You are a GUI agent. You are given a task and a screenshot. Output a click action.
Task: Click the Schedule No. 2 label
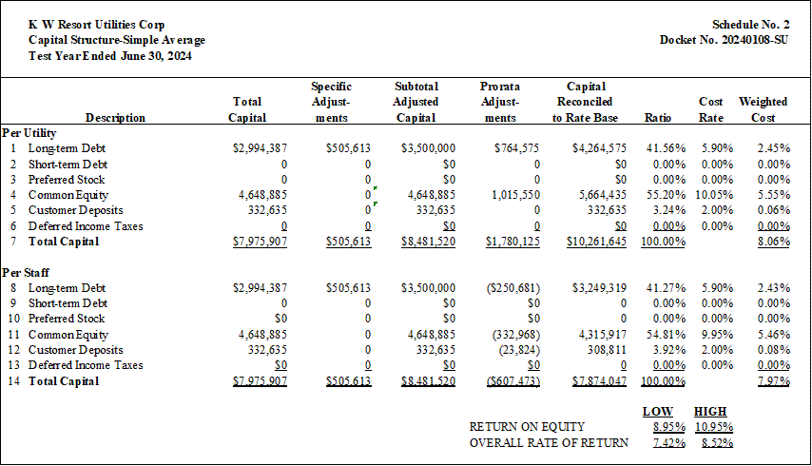click(750, 25)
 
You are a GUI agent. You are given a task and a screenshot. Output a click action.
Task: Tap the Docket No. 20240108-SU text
click(724, 40)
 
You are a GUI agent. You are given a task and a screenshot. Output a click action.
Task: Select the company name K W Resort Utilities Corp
click(96, 25)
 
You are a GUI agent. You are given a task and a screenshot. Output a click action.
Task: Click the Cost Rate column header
click(710, 109)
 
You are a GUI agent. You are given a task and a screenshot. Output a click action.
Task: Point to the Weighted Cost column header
click(763, 109)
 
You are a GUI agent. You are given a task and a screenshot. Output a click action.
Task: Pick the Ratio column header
click(658, 118)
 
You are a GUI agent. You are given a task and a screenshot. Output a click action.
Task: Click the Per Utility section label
click(29, 133)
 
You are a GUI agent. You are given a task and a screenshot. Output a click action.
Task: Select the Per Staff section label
click(26, 272)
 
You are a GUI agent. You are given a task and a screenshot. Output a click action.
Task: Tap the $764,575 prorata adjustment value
click(516, 148)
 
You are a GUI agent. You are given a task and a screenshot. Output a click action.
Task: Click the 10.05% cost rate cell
click(714, 195)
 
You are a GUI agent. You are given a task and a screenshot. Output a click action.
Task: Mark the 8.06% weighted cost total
click(774, 242)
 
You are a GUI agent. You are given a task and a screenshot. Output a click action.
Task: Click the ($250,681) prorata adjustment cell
click(513, 288)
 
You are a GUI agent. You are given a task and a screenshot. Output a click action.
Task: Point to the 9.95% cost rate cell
click(717, 335)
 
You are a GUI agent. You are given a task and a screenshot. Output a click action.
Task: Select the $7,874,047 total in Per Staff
click(599, 381)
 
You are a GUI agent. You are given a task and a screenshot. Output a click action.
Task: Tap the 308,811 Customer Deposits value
click(607, 350)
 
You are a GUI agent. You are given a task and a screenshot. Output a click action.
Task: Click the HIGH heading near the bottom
click(710, 412)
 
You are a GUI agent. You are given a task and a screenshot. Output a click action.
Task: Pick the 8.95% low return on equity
click(669, 427)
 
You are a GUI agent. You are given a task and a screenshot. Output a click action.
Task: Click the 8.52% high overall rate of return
click(717, 443)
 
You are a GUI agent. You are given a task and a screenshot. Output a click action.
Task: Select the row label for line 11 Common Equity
click(68, 335)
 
